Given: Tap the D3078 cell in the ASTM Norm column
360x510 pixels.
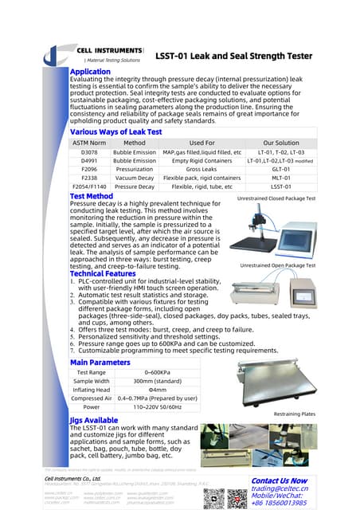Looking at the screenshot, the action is (89, 151).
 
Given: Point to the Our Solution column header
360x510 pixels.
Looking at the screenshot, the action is (280, 142).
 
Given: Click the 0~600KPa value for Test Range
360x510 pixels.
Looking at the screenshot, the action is (155, 372).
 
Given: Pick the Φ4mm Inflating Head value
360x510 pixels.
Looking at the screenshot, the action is (155, 389).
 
